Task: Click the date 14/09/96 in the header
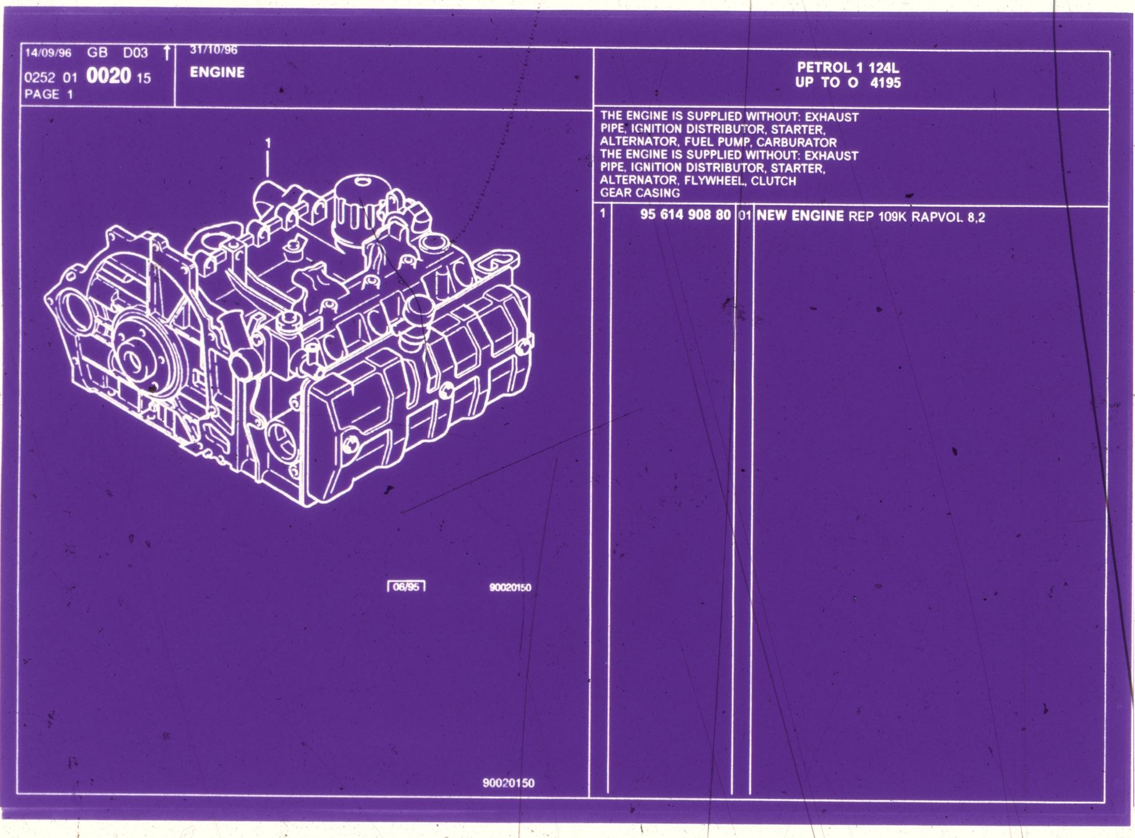[x=49, y=53]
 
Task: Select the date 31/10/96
[x=214, y=50]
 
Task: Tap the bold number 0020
[x=109, y=76]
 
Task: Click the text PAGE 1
[x=49, y=94]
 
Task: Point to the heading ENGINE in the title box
[x=217, y=73]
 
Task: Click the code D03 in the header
[x=135, y=53]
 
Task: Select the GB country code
[x=97, y=53]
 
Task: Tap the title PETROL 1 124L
[x=848, y=68]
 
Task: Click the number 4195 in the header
[x=885, y=83]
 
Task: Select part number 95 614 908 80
[x=685, y=215]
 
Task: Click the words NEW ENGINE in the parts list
[x=800, y=215]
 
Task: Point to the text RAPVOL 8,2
[x=948, y=217]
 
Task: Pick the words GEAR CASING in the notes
[x=640, y=193]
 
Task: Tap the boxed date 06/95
[x=406, y=587]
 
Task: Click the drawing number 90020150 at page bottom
[x=508, y=783]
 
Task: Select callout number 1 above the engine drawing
[x=267, y=143]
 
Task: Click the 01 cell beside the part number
[x=744, y=215]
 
